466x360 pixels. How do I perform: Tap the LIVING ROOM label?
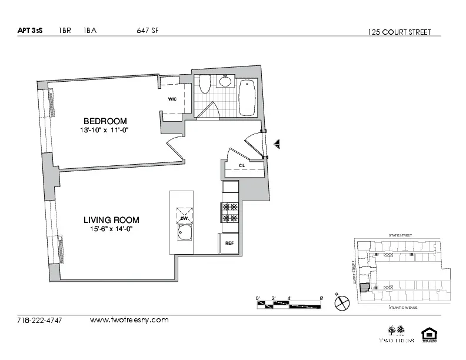[x=111, y=220]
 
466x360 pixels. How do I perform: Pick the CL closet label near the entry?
[x=242, y=166]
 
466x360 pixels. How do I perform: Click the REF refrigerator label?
[x=229, y=242]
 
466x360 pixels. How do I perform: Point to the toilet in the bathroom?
[x=205, y=86]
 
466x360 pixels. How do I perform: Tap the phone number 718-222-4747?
[x=39, y=321]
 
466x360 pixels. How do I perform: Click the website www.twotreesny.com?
[x=129, y=320]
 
